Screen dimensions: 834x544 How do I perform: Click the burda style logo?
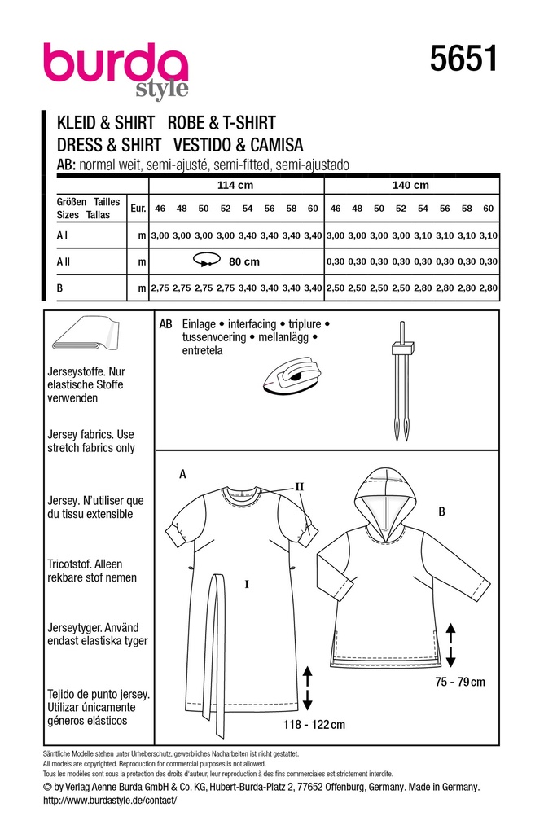tap(116, 68)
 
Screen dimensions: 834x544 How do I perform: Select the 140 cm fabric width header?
tap(410, 185)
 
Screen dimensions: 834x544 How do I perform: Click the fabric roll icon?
tap(83, 333)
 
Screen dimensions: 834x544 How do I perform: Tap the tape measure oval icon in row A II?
tap(204, 261)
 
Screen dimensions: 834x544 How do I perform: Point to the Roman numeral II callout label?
tap(299, 487)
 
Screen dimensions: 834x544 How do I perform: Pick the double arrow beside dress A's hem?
tap(309, 687)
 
